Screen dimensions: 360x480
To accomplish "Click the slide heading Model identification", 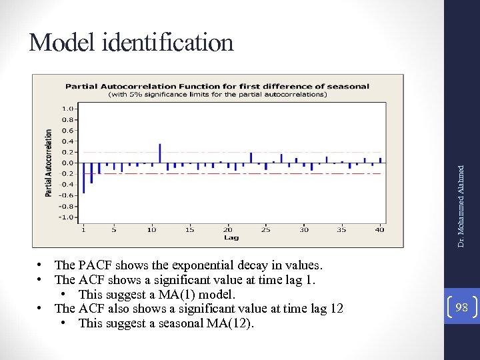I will click(131, 43).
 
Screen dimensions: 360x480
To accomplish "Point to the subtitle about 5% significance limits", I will click(217, 95).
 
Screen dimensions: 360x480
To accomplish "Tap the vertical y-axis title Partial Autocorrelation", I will click(49, 163).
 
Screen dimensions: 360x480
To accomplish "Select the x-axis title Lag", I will click(231, 238).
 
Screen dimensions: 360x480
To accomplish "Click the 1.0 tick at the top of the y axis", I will click(68, 108).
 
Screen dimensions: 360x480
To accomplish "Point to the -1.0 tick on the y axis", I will click(67, 217).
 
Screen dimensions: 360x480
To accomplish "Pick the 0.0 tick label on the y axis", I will click(68, 163).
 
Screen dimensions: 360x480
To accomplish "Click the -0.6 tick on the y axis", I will click(67, 195).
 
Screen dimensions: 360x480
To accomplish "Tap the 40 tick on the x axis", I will click(379, 230).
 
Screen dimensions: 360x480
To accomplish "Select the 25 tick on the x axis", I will click(266, 230).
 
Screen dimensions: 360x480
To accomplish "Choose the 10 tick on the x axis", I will click(152, 230).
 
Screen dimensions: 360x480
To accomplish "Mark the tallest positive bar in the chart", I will click(159, 153).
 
